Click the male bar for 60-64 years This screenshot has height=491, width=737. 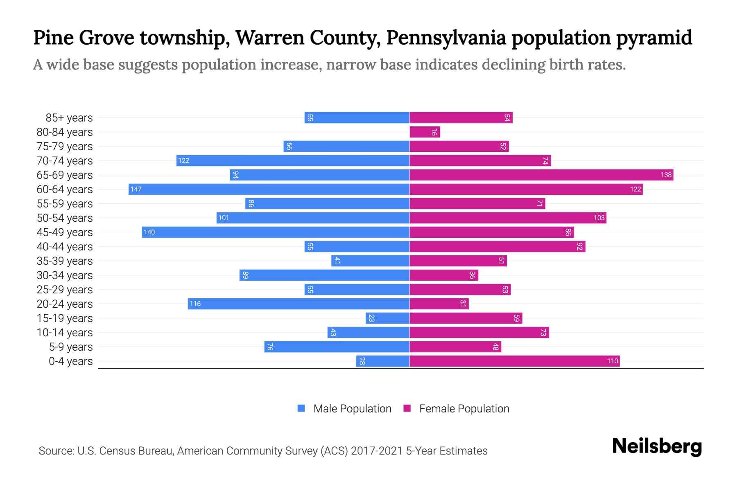(269, 189)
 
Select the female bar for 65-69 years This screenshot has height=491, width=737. (541, 175)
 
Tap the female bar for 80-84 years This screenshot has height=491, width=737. (425, 132)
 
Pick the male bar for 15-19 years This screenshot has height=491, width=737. (387, 318)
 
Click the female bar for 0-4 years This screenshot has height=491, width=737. (515, 361)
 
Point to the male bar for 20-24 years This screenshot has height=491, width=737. (299, 304)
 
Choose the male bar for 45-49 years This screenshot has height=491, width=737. (276, 232)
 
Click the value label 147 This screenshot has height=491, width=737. (136, 189)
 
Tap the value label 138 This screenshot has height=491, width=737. (666, 175)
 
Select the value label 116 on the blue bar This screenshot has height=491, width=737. (195, 304)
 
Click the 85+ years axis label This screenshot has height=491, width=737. (69, 118)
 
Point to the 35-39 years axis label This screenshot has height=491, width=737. (65, 261)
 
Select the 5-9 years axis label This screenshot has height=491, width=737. (71, 347)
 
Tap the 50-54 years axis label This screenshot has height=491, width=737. (65, 218)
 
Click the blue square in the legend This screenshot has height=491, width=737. (301, 408)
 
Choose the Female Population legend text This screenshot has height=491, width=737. (464, 408)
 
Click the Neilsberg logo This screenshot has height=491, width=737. (657, 446)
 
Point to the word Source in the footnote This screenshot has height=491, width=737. (56, 451)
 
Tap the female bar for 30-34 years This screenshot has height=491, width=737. (444, 275)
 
